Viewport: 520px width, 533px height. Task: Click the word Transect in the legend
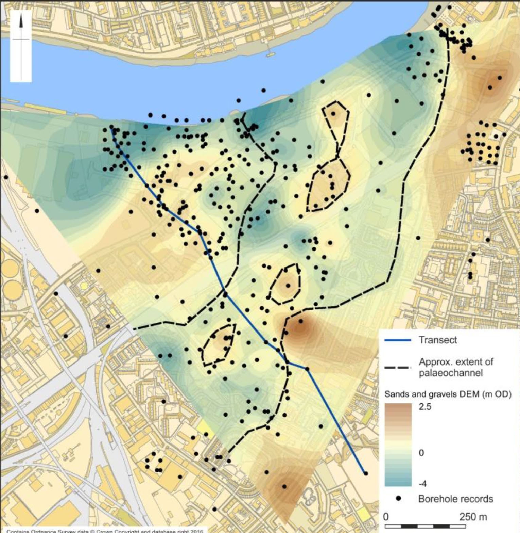click(438, 340)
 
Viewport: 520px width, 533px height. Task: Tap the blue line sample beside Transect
click(398, 340)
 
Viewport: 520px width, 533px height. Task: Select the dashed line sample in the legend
click(398, 368)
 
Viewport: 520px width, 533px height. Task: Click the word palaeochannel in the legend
click(451, 373)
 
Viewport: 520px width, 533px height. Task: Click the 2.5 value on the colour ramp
click(425, 406)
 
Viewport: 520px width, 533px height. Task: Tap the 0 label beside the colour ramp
click(421, 453)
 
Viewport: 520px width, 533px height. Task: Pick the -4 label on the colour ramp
click(422, 483)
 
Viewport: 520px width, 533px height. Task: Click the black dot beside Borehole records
click(398, 498)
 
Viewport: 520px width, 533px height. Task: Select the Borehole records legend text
click(455, 499)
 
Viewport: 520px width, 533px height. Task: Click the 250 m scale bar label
click(473, 517)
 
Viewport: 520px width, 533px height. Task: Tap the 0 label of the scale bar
click(386, 517)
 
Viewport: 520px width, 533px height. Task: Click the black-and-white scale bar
click(425, 527)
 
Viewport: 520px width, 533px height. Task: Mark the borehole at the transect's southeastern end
click(366, 473)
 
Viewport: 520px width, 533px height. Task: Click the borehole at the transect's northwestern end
click(111, 127)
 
